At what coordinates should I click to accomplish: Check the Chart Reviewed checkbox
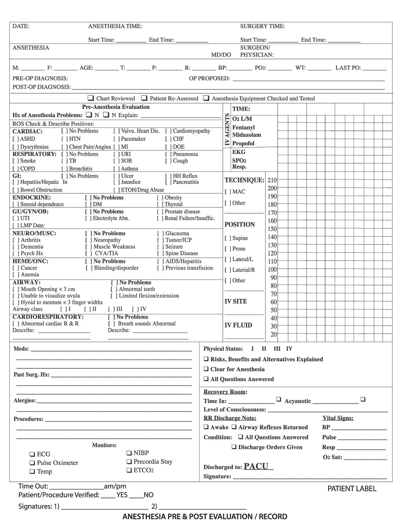[91, 98]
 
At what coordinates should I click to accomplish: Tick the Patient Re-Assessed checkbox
[144, 98]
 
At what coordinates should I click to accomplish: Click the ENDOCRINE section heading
[31, 198]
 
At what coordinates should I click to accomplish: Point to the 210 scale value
[272, 180]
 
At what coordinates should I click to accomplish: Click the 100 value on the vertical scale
[272, 270]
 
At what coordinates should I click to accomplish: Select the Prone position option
[235, 249]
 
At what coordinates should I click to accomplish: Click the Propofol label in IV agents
[243, 143]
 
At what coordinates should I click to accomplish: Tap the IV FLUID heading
[238, 326]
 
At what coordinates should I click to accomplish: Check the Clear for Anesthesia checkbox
[206, 369]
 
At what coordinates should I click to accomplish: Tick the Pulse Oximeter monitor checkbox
[32, 463]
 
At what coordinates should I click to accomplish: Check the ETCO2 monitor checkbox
[129, 470]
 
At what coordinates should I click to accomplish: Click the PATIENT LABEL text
[352, 489]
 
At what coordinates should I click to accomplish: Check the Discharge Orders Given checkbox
[234, 447]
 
